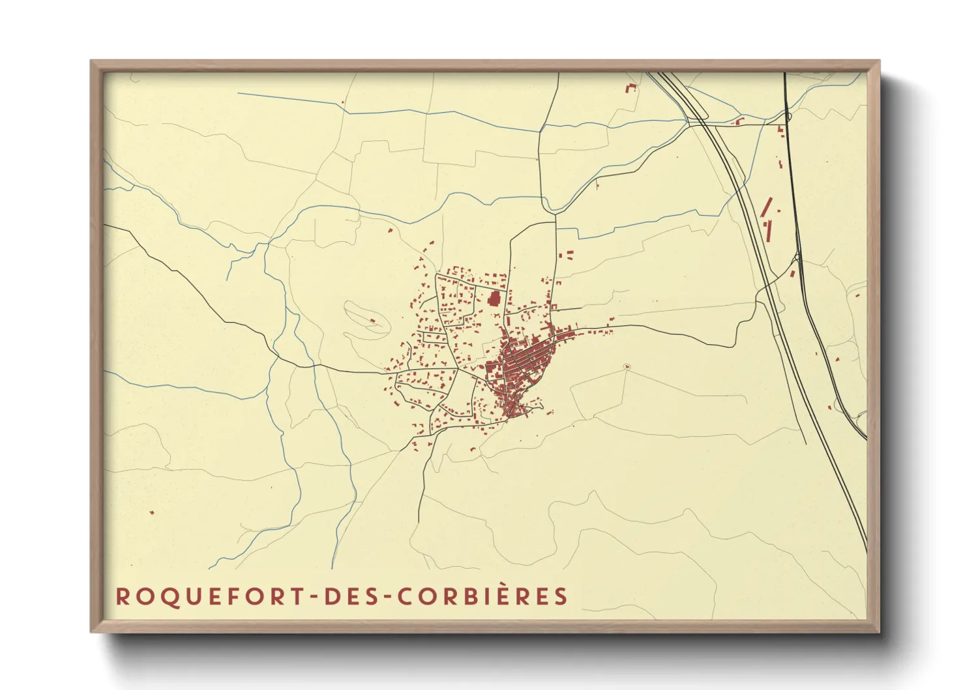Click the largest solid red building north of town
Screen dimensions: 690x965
494,299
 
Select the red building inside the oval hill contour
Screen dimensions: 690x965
372,320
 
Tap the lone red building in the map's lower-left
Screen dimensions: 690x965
152,513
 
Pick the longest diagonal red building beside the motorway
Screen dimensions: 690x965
767,207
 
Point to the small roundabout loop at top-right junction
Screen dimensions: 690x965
788,117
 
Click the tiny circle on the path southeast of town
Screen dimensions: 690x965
627,367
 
